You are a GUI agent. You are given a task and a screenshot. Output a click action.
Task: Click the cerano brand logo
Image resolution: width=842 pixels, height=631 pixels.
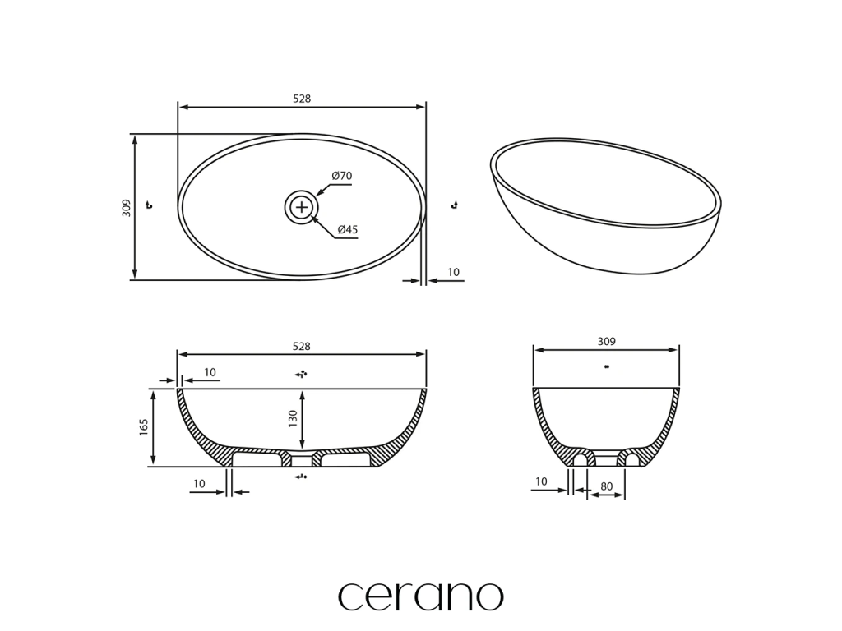(x=420, y=596)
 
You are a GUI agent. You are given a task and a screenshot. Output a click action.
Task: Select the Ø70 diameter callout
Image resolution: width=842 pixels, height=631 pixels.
(x=341, y=176)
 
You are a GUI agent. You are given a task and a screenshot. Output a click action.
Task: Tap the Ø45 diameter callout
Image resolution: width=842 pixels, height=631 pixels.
(x=348, y=230)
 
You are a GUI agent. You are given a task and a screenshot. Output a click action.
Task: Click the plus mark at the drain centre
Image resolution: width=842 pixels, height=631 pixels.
(x=302, y=207)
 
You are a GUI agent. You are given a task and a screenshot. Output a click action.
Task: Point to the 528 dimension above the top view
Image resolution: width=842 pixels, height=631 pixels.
(x=302, y=99)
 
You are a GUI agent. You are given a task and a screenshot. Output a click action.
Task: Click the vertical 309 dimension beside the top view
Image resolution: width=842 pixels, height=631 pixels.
(x=126, y=208)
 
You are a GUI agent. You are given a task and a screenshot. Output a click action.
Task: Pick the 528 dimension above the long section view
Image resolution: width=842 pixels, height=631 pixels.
(x=301, y=347)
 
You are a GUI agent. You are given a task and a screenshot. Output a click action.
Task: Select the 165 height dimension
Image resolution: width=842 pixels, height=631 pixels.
(x=143, y=427)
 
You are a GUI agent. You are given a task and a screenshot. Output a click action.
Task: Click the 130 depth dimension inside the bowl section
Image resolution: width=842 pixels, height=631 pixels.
(x=293, y=418)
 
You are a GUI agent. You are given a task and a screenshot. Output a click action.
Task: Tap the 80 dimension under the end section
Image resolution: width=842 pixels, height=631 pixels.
(x=606, y=486)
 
